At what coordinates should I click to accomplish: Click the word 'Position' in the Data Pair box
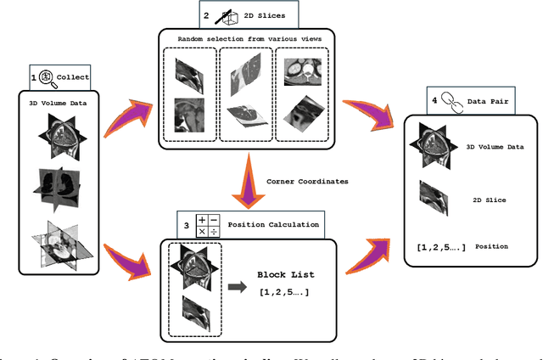(490, 246)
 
